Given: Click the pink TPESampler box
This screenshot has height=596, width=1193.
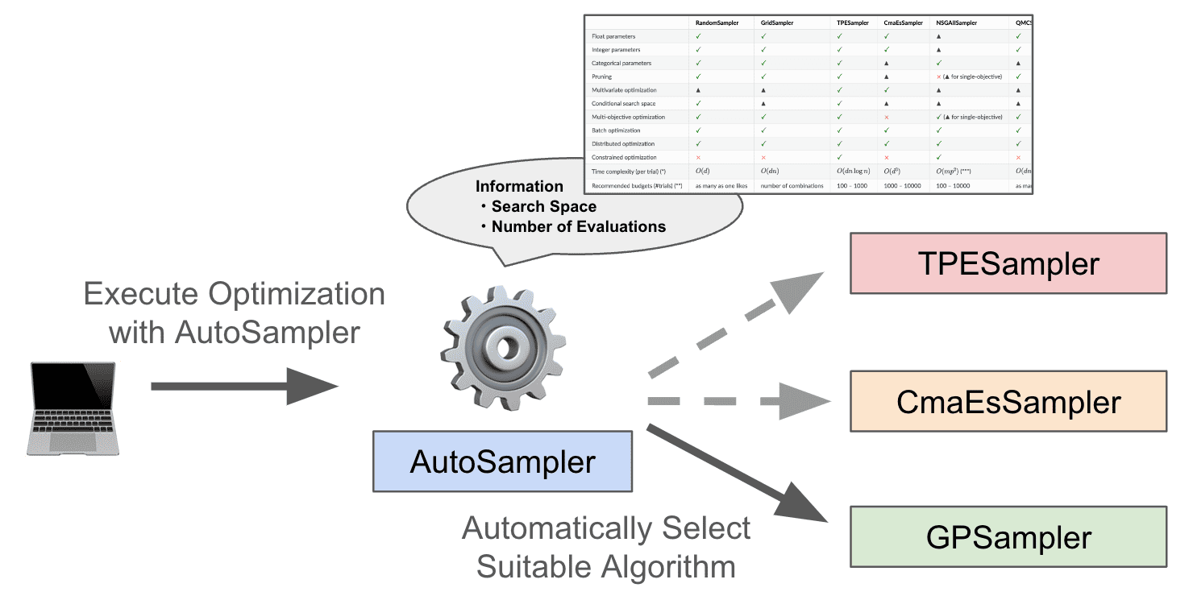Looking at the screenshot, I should pos(1008,263).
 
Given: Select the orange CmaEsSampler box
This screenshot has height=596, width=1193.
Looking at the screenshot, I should pos(1008,401).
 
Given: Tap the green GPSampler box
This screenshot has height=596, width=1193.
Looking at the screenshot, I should pos(1008,536).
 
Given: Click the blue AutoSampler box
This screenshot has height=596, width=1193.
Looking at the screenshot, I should pos(502,461).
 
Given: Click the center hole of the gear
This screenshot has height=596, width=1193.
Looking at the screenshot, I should pos(506,348).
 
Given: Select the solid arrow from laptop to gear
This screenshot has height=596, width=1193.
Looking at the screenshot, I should pos(242,387).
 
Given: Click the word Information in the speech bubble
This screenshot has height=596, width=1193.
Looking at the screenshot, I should pos(519,187).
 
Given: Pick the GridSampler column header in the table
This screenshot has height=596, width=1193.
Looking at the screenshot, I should pos(777,23).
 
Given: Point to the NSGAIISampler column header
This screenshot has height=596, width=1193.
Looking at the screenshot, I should pos(956,23).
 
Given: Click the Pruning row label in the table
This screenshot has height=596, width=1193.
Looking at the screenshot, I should pos(602,77).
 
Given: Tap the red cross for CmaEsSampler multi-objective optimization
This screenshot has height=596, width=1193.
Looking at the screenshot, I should pos(887,117).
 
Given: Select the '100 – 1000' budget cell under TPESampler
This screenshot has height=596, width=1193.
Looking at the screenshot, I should pos(851,185).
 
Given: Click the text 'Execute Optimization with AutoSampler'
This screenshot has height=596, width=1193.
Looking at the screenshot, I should pos(234,312).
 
